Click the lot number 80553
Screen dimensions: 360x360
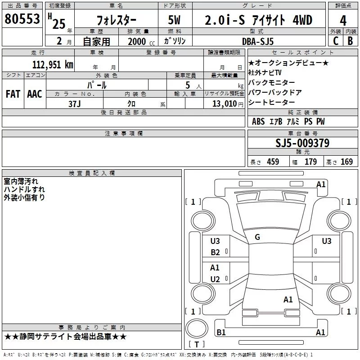(22, 19)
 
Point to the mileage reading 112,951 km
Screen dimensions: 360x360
(52, 64)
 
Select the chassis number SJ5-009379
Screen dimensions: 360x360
(302, 143)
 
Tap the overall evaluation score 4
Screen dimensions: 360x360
(343, 20)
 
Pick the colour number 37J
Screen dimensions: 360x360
(75, 103)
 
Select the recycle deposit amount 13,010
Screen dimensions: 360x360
(223, 103)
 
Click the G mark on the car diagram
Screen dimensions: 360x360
(257, 237)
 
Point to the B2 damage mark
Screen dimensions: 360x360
(216, 252)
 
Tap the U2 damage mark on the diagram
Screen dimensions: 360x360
(215, 279)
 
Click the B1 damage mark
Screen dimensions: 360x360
(221, 332)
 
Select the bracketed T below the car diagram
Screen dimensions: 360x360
(196, 345)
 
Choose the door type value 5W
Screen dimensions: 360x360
(175, 20)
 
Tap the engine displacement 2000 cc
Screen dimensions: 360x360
(137, 41)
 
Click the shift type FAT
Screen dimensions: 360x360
(13, 94)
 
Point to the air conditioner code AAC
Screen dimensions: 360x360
(34, 94)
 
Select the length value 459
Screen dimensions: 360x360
(273, 162)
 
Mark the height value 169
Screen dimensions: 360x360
(346, 162)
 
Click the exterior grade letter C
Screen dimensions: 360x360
(335, 41)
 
